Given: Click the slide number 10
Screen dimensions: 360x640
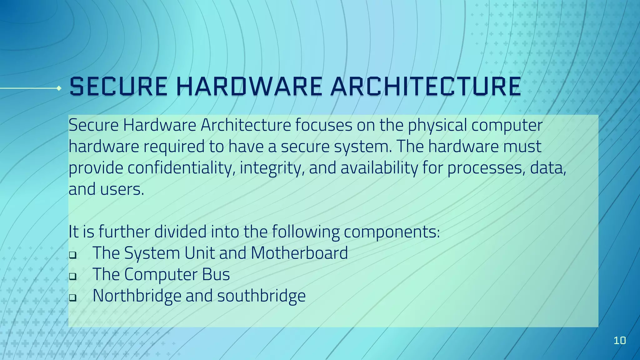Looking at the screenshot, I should [x=620, y=340].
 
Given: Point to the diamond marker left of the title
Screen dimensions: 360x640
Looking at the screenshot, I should [x=59, y=88].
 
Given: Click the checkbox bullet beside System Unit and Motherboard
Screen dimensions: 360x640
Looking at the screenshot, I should [x=72, y=255].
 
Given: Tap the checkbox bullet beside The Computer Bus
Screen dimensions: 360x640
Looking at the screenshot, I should [x=72, y=276].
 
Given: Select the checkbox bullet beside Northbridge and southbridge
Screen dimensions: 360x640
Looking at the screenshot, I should [x=72, y=297].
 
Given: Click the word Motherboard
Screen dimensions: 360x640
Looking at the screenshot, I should [x=299, y=253].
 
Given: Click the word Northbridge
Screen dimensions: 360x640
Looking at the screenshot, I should [x=137, y=296].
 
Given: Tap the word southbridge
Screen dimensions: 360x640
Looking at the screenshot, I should [x=261, y=296].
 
